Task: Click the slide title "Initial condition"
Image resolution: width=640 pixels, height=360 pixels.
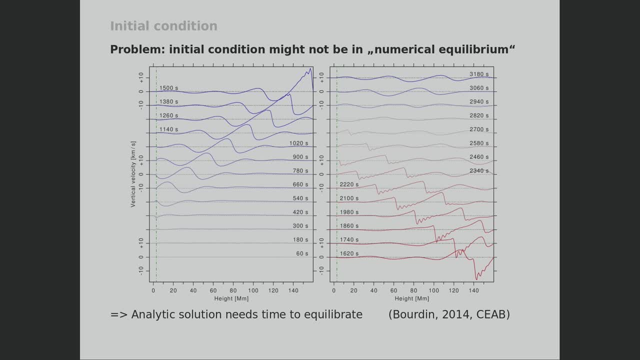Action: [x=163, y=26]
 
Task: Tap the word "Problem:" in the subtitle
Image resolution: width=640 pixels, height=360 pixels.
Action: [x=137, y=49]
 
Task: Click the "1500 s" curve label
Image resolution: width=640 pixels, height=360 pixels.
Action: [x=168, y=88]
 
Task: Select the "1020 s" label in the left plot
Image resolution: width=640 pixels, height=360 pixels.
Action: [x=298, y=143]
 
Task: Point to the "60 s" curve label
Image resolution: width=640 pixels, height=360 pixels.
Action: [x=302, y=254]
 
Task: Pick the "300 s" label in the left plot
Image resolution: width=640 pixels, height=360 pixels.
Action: [x=300, y=226]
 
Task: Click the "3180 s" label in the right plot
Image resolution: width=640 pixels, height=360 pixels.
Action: [x=479, y=74]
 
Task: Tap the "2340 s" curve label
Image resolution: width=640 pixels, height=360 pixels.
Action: [x=479, y=171]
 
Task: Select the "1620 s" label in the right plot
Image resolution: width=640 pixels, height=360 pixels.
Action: [x=349, y=254]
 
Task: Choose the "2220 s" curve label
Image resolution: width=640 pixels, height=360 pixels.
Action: [x=349, y=185]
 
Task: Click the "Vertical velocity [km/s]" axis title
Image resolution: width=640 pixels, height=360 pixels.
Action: [x=133, y=174]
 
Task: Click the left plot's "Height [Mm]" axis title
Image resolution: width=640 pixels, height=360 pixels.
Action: [x=231, y=298]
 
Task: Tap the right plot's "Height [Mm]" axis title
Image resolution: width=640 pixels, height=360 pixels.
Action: [x=411, y=298]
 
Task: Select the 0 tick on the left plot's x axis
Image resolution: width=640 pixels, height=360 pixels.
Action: [x=153, y=290]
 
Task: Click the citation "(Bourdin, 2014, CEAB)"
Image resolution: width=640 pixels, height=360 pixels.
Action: [x=449, y=314]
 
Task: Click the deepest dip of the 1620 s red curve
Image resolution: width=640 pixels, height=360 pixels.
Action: [x=476, y=279]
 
